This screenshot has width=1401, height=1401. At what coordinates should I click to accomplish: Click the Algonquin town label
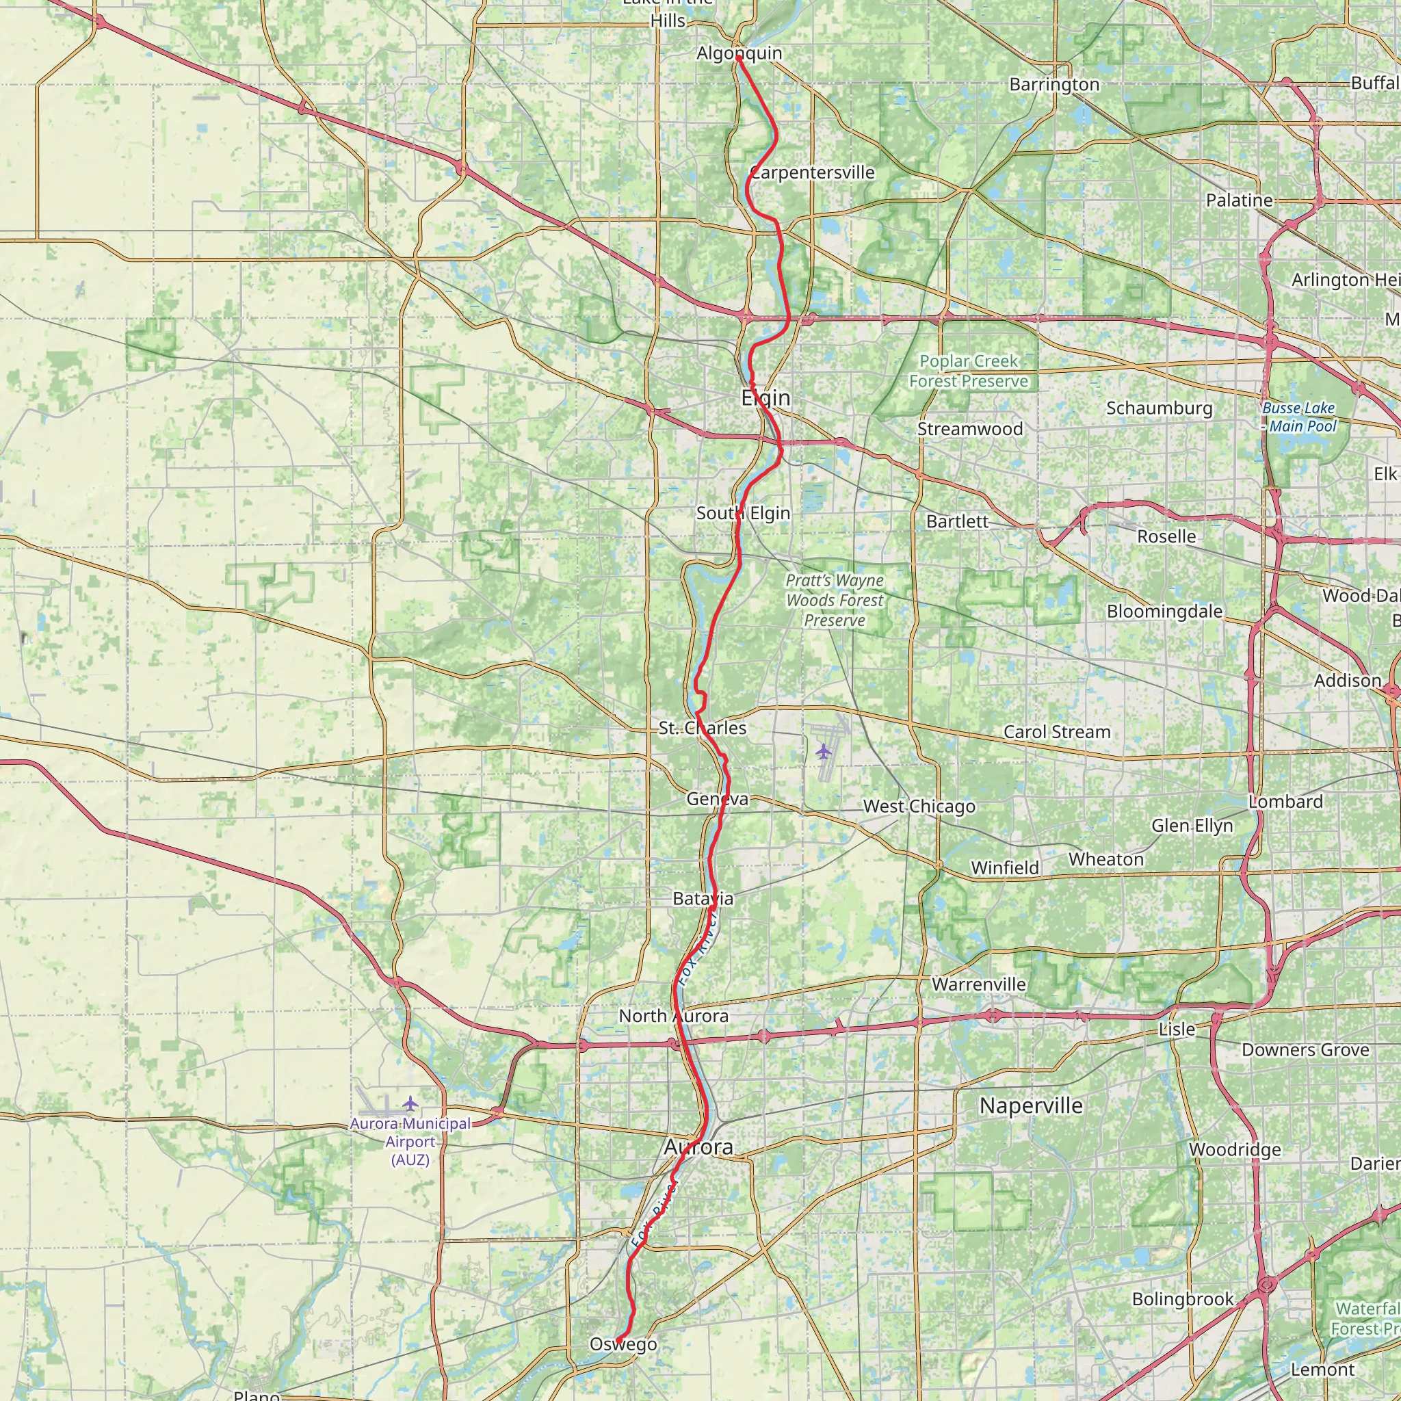tap(739, 53)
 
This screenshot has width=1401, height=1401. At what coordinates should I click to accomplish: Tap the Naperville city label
tap(1030, 1106)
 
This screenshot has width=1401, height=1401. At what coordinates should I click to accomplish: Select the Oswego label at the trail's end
tap(623, 1344)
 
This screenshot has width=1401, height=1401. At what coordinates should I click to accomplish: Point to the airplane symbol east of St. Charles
tap(822, 750)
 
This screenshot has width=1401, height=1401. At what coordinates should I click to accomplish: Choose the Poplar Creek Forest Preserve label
tap(968, 371)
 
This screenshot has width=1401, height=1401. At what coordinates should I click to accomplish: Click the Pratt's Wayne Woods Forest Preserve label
tap(835, 600)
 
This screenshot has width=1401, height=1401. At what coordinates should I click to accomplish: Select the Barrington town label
tap(1054, 85)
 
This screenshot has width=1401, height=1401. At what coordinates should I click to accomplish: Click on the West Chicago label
tap(919, 807)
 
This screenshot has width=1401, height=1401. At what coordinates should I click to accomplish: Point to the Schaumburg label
tap(1159, 408)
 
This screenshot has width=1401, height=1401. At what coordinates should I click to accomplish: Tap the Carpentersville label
tap(812, 172)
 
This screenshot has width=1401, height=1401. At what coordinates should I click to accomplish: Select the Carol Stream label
tap(1056, 732)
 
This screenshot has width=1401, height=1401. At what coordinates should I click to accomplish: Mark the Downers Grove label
tap(1305, 1050)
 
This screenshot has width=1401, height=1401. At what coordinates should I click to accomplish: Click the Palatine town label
tap(1240, 200)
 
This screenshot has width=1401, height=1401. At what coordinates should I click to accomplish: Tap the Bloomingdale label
tap(1164, 612)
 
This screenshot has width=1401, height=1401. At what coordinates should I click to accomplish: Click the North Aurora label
tap(673, 1016)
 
